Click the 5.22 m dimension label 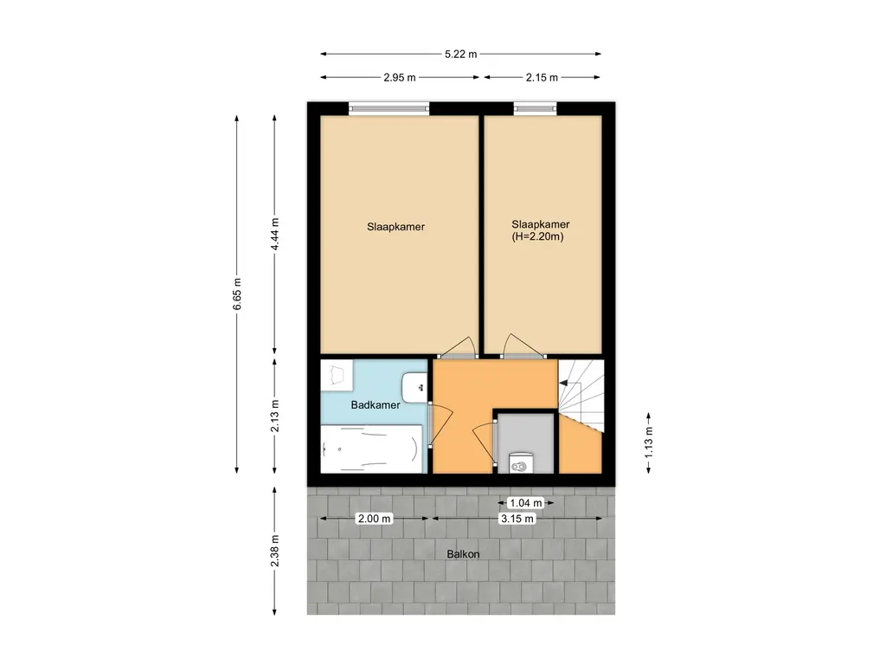460,55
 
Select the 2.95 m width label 400,77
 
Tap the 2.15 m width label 542,77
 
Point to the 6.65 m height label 237,294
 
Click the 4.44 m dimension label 275,234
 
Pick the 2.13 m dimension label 275,416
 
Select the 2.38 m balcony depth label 275,551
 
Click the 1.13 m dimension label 649,442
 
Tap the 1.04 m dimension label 525,503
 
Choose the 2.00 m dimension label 374,519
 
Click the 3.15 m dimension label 517,519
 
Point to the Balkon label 464,554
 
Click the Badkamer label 376,405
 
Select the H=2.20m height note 538,237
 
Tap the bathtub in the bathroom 371,449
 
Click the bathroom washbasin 414,387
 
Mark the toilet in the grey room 521,462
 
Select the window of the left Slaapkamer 388,108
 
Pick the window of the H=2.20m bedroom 535,108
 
